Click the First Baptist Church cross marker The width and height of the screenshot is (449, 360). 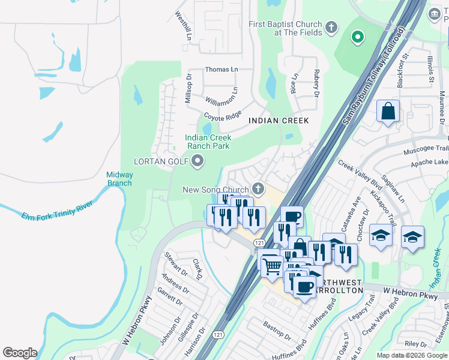[331, 27]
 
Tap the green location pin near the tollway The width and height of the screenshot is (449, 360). [358, 38]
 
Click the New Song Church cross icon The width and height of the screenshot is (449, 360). [258, 190]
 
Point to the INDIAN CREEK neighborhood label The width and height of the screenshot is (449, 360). [279, 121]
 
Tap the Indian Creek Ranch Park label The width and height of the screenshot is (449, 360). [208, 142]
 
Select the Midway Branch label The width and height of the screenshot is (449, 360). [119, 179]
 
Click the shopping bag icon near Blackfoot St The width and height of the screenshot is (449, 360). [388, 112]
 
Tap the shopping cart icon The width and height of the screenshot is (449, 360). [272, 265]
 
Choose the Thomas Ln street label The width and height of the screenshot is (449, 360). [221, 70]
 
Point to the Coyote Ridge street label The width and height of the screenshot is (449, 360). [222, 115]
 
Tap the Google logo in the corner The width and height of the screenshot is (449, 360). [20, 353]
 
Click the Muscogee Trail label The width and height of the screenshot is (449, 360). [427, 148]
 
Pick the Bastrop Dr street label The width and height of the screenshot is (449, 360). [277, 331]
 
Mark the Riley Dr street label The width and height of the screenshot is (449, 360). [415, 344]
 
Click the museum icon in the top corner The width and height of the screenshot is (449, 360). [435, 13]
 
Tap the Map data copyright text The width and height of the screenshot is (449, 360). [412, 355]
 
